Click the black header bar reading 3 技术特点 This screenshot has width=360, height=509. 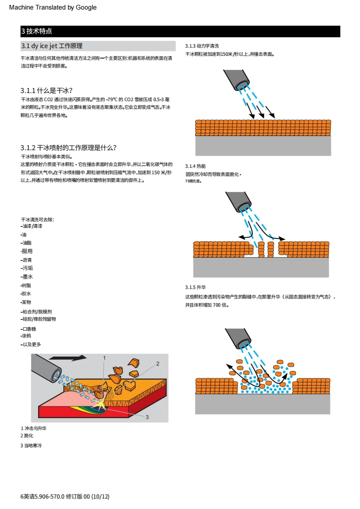180,31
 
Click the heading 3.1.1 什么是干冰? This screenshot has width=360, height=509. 47,90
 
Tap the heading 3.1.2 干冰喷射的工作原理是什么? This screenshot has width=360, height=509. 69,148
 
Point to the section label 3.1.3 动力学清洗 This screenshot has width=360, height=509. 202,46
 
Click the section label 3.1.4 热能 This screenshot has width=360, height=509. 195,166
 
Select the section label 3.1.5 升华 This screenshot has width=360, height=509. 195,288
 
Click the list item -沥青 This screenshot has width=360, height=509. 27,260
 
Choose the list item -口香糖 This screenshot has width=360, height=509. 29,329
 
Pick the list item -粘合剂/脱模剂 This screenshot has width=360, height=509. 36,312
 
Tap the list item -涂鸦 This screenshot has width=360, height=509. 26,336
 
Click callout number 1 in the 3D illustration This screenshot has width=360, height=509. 104,358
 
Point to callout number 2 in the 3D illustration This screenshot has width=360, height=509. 158,363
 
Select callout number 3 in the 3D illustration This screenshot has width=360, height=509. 147,416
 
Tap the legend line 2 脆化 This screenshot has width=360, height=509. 27,436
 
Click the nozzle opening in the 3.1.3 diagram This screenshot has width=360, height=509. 245,83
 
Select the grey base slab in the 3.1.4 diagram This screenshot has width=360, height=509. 261,268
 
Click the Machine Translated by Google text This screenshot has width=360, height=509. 53,7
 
